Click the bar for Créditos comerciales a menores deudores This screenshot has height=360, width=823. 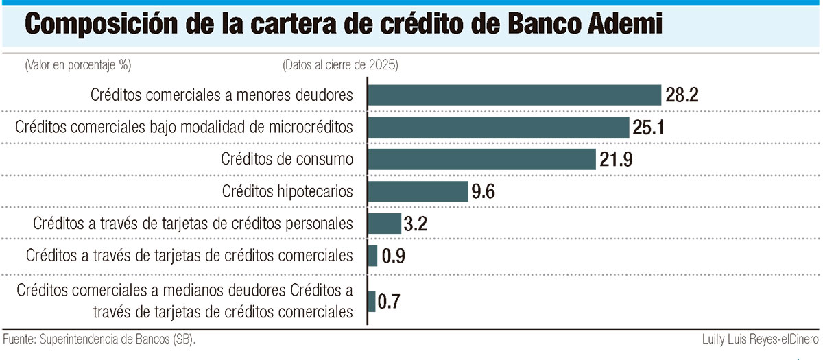pos(514,95)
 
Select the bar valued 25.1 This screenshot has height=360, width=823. pos(499,128)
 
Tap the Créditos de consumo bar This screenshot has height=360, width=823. pos(482,160)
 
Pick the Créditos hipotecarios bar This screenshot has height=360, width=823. pos(418,191)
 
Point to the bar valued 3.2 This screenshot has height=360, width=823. pos(385,224)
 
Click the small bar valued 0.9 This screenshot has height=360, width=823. pos(373,256)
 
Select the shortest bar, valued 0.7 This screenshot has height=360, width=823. pos(372,302)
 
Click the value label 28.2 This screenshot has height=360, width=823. pos(682,96)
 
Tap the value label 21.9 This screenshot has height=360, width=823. pos(615,160)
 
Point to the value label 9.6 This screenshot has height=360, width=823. pos(483,192)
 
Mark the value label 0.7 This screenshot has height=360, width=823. pos(390,302)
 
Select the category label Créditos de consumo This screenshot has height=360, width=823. pos(287,160)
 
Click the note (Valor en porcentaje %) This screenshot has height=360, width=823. pos(77,65)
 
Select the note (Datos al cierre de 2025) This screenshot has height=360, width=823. pos(340,65)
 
